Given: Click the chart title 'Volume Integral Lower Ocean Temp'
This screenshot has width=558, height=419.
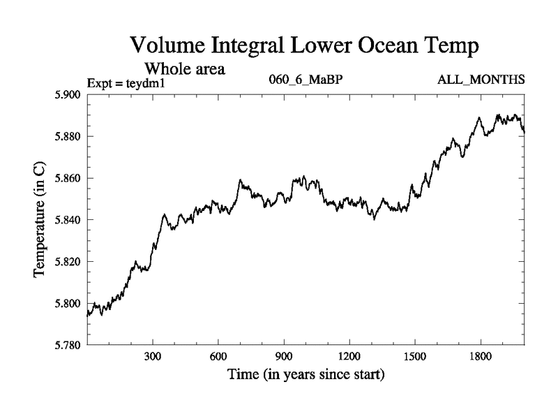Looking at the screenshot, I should pos(305,47).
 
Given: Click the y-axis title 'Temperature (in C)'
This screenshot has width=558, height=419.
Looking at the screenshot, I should pos(40,220).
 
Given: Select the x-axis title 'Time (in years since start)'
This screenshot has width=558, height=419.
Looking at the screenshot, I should pos(306,375).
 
